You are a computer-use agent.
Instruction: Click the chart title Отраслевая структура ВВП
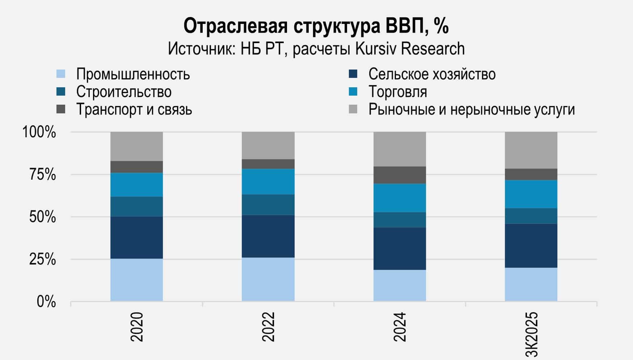click(x=316, y=26)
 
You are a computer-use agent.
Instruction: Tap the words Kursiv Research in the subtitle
click(x=410, y=49)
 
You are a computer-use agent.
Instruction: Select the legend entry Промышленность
click(x=132, y=74)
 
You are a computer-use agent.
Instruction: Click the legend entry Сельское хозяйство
click(x=432, y=74)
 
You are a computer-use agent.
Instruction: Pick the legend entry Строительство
click(x=123, y=92)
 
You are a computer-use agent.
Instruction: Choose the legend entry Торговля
click(x=397, y=92)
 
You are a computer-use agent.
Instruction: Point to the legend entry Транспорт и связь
click(x=134, y=109)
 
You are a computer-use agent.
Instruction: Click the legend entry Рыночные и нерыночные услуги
click(x=471, y=109)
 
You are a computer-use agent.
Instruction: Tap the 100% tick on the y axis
click(x=39, y=132)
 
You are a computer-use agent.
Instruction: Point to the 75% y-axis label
click(x=42, y=175)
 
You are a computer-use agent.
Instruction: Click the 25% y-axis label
click(x=42, y=260)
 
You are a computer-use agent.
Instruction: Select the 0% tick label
click(x=46, y=302)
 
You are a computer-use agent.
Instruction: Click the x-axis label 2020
click(x=137, y=327)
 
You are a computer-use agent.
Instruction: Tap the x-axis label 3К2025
click(x=532, y=334)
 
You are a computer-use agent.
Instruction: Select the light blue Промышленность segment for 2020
click(x=136, y=280)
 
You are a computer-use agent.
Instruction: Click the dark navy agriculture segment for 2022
click(x=268, y=236)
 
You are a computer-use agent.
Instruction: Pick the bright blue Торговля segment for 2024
click(x=400, y=198)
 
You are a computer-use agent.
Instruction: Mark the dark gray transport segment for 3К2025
click(x=531, y=174)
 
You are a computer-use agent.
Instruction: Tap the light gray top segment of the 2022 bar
click(x=268, y=145)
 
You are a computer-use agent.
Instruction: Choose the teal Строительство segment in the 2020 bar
click(x=136, y=206)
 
